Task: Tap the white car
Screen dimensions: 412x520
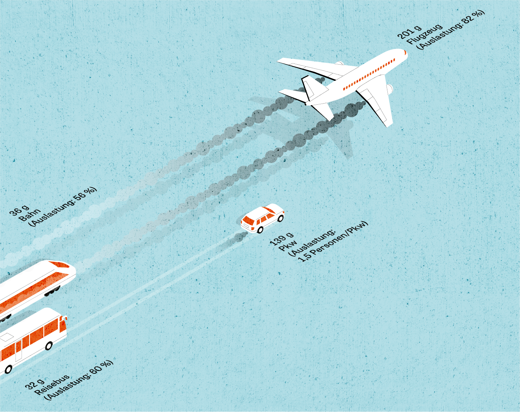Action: (262, 218)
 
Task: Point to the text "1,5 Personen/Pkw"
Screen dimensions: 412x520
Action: (333, 242)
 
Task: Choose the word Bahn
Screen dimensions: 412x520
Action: (29, 215)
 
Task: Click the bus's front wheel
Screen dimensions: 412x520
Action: (49, 345)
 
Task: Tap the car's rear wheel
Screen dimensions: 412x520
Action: (260, 229)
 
